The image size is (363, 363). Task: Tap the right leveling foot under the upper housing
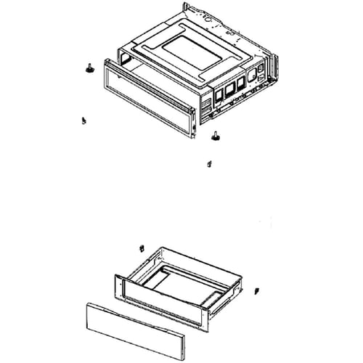216,134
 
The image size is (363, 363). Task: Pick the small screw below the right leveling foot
208,163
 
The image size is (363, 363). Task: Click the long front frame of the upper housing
149,99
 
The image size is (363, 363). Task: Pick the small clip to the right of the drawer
258,291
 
